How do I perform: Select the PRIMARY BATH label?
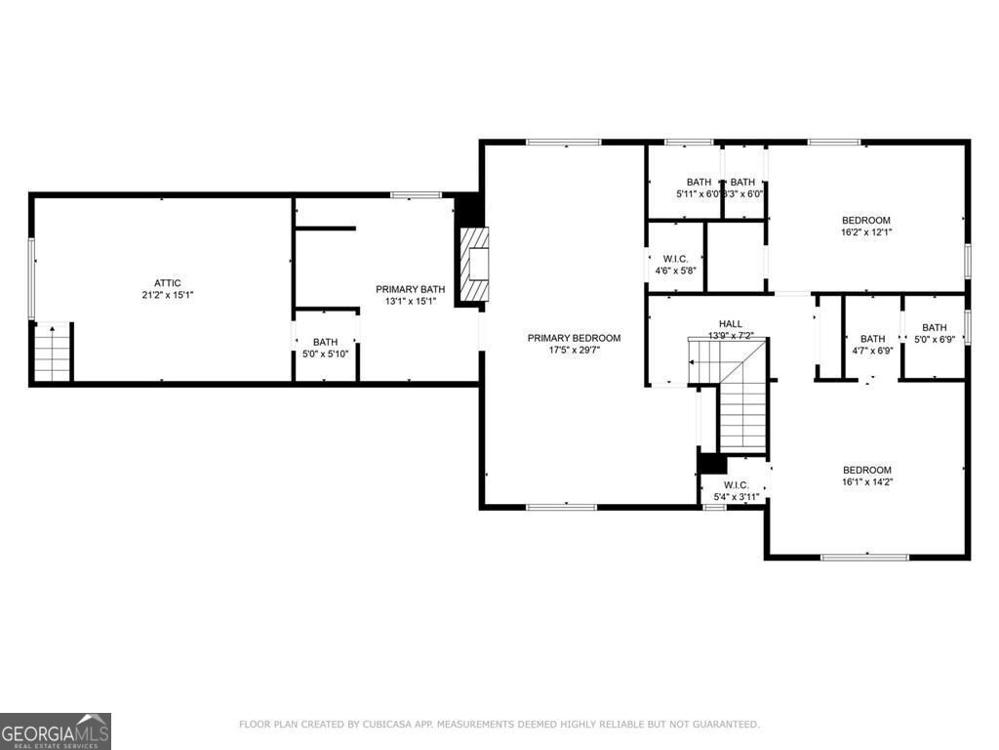click(x=411, y=289)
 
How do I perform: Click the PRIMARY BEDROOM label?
click(x=574, y=338)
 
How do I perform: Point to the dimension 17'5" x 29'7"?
click(x=574, y=350)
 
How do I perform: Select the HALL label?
click(x=731, y=324)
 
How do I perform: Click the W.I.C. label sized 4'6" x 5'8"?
click(x=675, y=259)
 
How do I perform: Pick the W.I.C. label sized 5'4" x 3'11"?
click(x=736, y=485)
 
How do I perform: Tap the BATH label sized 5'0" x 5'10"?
click(x=326, y=342)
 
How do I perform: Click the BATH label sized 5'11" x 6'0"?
click(x=699, y=182)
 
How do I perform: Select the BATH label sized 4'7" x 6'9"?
click(x=872, y=339)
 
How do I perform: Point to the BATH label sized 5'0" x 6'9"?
click(x=934, y=328)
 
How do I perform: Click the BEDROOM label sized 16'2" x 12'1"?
click(x=866, y=221)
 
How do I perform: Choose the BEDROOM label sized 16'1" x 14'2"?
click(x=866, y=470)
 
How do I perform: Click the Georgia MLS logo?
click(x=56, y=730)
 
